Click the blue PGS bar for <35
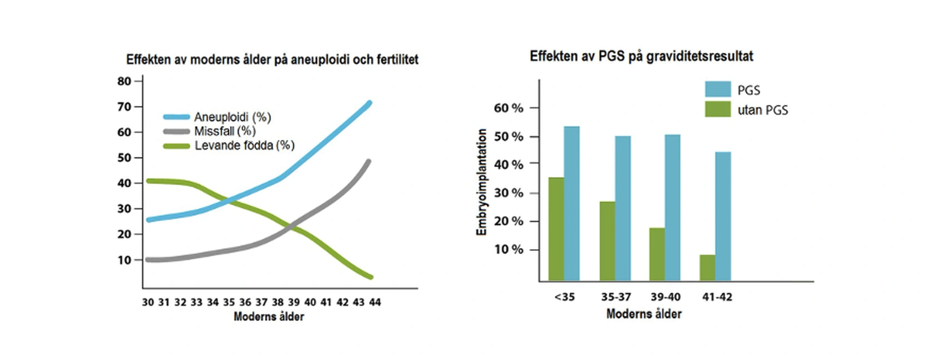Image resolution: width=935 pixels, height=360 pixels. click(572, 203)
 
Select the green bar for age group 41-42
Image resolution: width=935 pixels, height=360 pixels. click(707, 268)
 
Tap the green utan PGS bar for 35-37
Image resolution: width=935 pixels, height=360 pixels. click(607, 241)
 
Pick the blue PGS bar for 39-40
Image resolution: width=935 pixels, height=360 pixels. click(672, 207)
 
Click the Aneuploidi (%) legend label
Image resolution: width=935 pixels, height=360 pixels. click(232, 117)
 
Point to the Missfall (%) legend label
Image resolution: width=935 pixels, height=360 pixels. click(225, 131)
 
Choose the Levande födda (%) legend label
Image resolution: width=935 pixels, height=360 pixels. click(244, 146)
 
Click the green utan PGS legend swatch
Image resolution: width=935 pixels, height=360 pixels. click(717, 109)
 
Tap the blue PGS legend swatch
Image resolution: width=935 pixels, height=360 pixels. click(717, 90)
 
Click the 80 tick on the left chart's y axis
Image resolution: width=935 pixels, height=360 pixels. click(124, 81)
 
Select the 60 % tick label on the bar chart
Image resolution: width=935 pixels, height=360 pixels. click(509, 108)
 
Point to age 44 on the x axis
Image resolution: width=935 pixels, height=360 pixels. click(375, 302)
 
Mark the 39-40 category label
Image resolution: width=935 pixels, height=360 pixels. click(665, 297)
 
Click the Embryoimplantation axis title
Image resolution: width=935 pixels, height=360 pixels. click(482, 182)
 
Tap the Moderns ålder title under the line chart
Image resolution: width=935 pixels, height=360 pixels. click(269, 317)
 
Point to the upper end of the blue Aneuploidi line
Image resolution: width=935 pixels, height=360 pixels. click(369, 103)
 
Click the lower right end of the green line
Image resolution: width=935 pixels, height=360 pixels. click(370, 277)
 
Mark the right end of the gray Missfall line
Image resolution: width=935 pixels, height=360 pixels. click(368, 162)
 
